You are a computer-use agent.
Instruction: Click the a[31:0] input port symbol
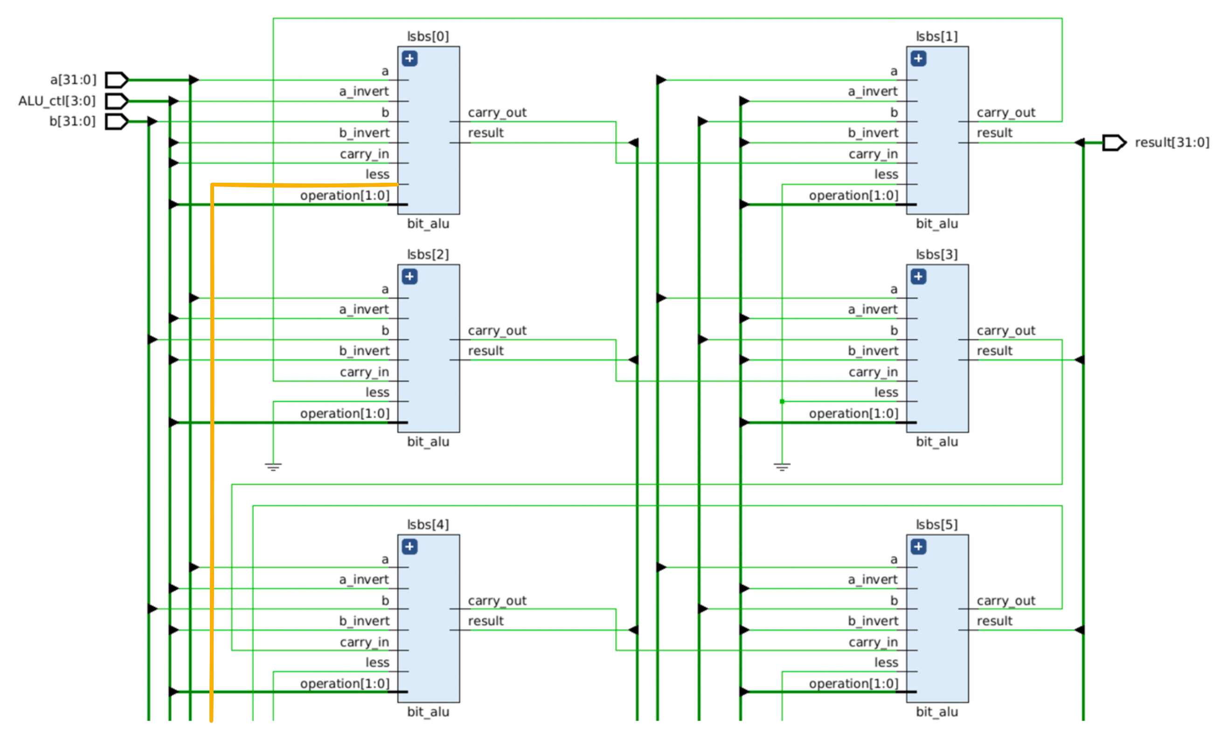click(x=117, y=80)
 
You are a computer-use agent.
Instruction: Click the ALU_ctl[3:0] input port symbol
click(x=117, y=101)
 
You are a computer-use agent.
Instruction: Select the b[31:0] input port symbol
click(x=117, y=122)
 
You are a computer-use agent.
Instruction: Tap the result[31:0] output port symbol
click(x=1114, y=143)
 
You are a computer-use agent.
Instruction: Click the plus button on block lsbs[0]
click(x=409, y=59)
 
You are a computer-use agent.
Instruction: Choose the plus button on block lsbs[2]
click(x=409, y=276)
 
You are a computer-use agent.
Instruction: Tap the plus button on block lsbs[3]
click(x=918, y=276)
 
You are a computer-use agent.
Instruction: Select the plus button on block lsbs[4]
click(x=409, y=546)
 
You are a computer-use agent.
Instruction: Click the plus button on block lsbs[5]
click(x=918, y=546)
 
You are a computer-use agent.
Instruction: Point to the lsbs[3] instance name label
click(x=937, y=255)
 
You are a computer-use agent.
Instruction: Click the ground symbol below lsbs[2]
click(x=273, y=467)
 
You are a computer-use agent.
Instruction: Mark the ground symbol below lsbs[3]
click(x=782, y=467)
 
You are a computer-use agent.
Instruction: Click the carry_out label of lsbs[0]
click(x=497, y=113)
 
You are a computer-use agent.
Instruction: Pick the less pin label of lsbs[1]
click(x=886, y=174)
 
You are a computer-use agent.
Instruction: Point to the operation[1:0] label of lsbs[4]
click(x=344, y=684)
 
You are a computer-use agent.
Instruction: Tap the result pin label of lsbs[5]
click(x=994, y=621)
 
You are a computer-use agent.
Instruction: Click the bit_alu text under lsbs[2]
click(x=428, y=442)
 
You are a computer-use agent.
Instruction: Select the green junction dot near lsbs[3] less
click(x=782, y=401)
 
